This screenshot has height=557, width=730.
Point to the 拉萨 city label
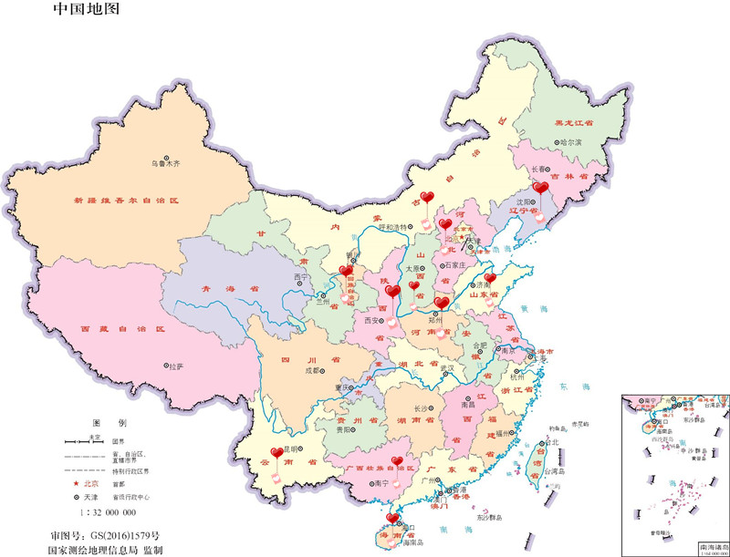174,366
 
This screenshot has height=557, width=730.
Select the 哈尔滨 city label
569,142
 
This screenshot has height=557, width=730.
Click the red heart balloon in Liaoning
540,189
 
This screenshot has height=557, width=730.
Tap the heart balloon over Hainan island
393,520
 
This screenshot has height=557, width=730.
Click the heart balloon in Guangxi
396,462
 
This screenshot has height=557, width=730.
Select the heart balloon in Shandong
490,279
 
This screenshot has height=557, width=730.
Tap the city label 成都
314,370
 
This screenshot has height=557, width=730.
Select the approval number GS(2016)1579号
104,535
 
